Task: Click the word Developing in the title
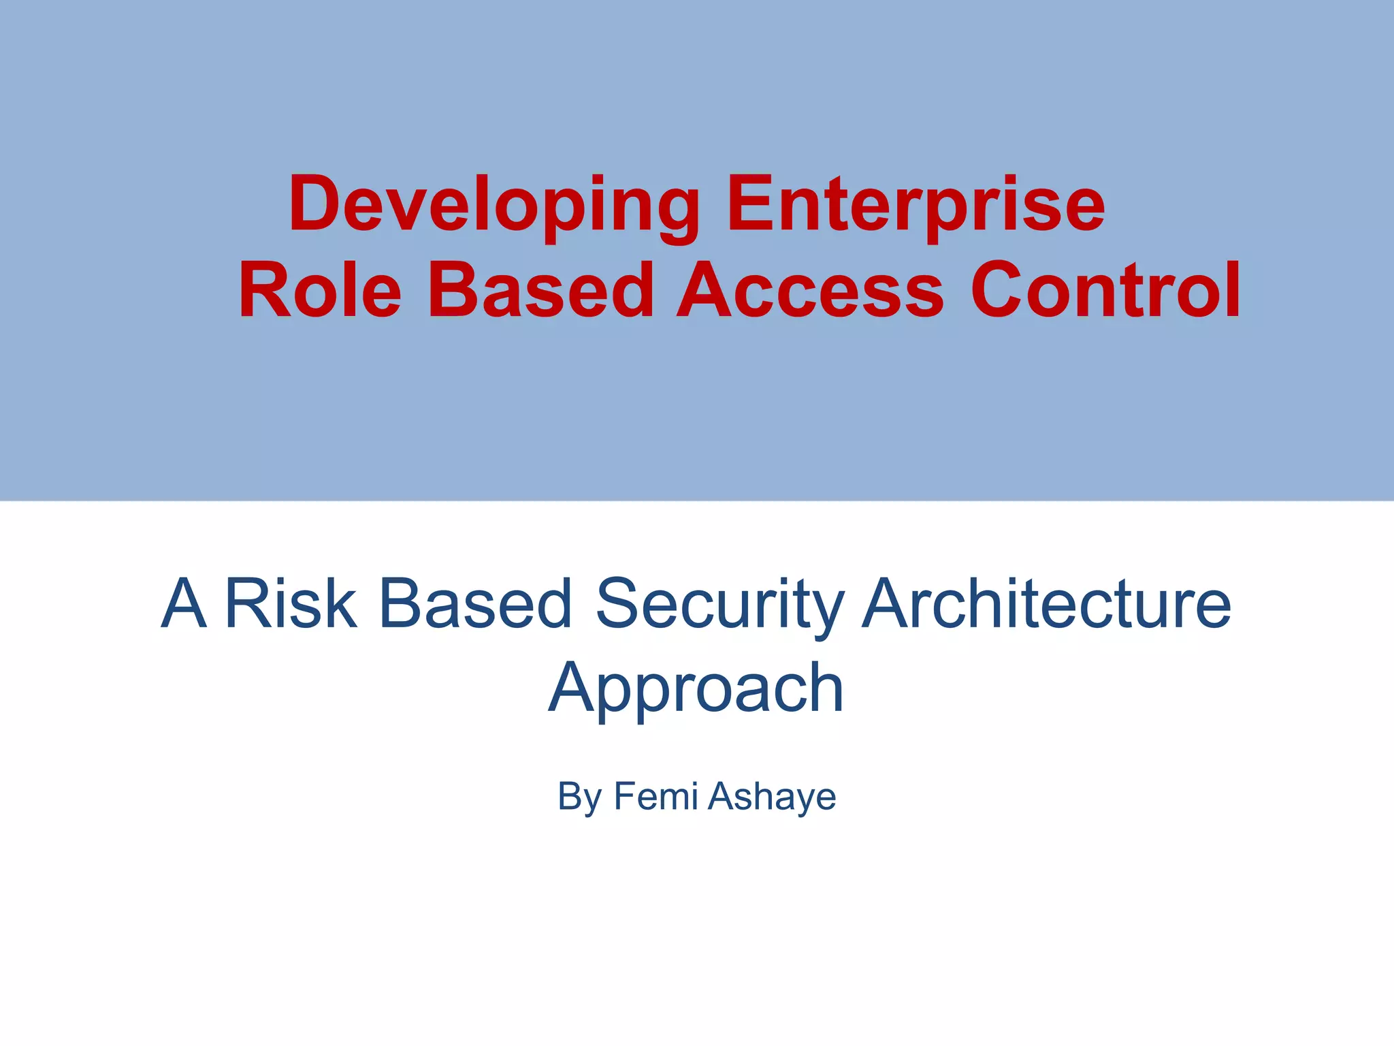click(x=494, y=204)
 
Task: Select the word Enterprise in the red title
click(x=915, y=204)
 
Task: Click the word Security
click(x=719, y=604)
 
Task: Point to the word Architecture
click(x=1046, y=604)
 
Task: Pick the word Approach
click(x=696, y=689)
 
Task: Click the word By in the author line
click(x=579, y=796)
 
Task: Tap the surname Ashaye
click(x=772, y=796)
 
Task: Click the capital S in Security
click(x=619, y=604)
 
